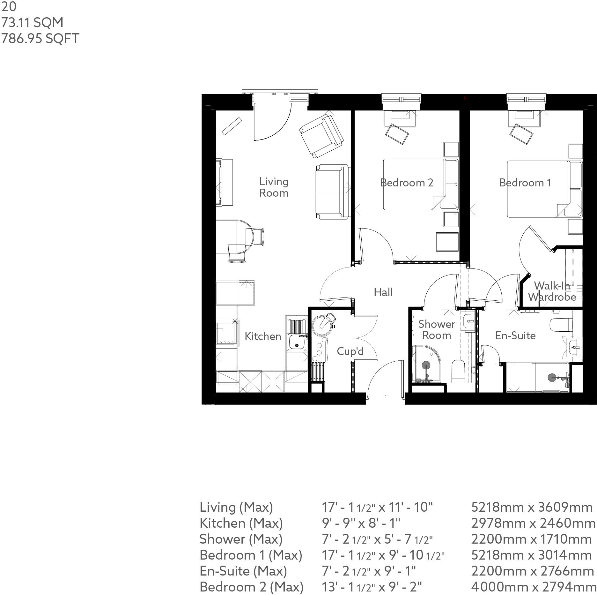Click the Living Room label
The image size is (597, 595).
[x=274, y=187]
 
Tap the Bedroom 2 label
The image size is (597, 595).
[x=407, y=183]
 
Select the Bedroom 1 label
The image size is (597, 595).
[x=525, y=183]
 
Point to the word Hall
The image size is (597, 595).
[x=383, y=292]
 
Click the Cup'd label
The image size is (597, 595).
[x=350, y=351]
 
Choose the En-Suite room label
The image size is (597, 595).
[x=515, y=335]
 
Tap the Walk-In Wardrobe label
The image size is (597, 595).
[x=552, y=291]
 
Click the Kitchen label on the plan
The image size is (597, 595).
[x=263, y=336]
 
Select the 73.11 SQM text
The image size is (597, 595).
[x=32, y=22]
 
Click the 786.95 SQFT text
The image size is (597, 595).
[x=40, y=38]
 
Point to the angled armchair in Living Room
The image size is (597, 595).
[x=321, y=136]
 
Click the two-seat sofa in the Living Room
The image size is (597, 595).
[x=333, y=192]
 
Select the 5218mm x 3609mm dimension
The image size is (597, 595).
[x=532, y=507]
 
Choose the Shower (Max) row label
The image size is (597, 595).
[x=241, y=539]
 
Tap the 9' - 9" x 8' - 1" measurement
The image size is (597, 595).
[x=361, y=523]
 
